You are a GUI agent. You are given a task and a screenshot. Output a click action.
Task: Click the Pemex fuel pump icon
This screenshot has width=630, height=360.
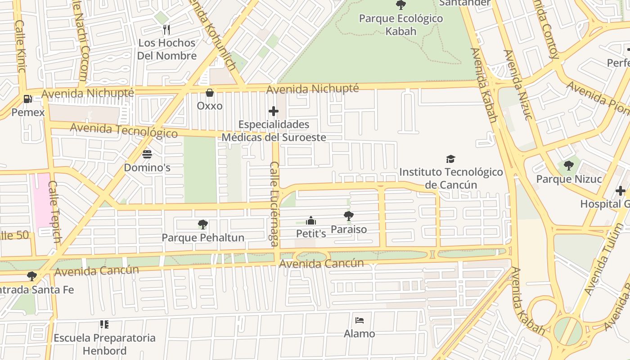pyautogui.click(x=27, y=99)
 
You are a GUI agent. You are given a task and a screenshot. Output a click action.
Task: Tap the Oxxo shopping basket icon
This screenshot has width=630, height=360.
pyautogui.click(x=210, y=93)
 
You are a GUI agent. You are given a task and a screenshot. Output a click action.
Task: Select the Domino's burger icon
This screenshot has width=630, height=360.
pyautogui.click(x=147, y=154)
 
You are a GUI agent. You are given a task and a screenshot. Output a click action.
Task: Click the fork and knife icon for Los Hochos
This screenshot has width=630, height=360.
pyautogui.click(x=166, y=30)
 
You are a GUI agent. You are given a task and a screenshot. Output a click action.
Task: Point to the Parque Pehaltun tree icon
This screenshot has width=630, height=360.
pyautogui.click(x=203, y=224)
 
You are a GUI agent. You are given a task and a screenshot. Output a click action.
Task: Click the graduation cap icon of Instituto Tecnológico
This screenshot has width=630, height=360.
pyautogui.click(x=450, y=159)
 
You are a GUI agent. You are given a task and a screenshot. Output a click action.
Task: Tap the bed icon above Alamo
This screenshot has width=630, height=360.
pyautogui.click(x=359, y=320)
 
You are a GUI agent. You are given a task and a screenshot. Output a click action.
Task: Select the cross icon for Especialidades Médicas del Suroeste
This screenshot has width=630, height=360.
pyautogui.click(x=273, y=111)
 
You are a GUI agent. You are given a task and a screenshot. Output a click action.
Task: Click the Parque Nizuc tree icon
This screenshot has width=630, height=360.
pyautogui.click(x=569, y=166)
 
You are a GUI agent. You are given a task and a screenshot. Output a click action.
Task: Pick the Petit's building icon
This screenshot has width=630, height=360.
pyautogui.click(x=310, y=220)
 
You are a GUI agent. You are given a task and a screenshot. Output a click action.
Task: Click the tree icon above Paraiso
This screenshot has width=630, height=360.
pyautogui.click(x=348, y=216)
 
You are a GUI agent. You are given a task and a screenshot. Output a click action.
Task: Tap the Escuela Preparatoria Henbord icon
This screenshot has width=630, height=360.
pyautogui.click(x=104, y=324)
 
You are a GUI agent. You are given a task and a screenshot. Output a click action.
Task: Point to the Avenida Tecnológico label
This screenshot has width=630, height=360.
pyautogui.click(x=124, y=130)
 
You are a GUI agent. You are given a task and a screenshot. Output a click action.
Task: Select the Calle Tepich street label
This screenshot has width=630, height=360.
pyautogui.click(x=54, y=211)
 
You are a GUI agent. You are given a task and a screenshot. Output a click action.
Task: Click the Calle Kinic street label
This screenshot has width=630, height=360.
pyautogui.click(x=20, y=46)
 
